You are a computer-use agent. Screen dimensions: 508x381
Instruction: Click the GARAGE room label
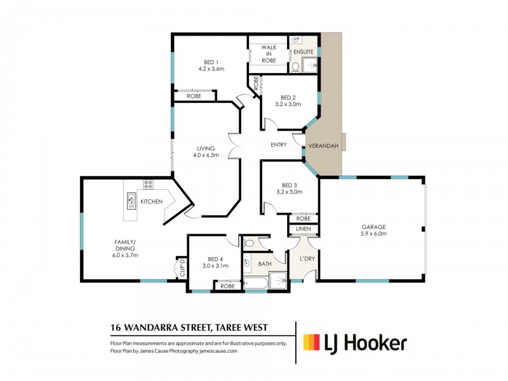point(373,227)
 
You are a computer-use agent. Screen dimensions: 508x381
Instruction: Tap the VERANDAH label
point(323,146)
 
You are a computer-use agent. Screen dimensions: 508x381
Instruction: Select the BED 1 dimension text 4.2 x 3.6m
point(211,69)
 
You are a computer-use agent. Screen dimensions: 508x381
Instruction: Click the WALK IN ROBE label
point(269,54)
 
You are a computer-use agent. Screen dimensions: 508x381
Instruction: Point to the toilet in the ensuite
point(295,67)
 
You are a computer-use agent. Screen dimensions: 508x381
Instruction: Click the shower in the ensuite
point(310,65)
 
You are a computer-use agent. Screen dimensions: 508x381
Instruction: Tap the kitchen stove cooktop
point(149,184)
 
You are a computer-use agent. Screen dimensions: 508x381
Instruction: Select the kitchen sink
point(131,201)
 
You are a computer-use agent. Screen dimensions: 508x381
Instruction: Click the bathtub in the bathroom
point(256,283)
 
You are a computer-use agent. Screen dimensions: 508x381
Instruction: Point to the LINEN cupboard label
point(304,229)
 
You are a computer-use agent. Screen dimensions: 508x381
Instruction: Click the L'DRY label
point(307,258)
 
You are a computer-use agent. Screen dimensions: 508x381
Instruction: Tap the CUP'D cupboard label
point(182,268)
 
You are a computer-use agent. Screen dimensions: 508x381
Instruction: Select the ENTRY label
point(279,145)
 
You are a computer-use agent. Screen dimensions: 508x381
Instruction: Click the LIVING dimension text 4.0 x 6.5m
point(206,155)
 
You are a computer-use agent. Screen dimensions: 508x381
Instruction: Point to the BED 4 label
point(215,259)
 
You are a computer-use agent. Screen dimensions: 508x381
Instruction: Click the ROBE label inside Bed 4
point(227,286)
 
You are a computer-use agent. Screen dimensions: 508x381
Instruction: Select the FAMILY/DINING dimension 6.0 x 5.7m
point(125,255)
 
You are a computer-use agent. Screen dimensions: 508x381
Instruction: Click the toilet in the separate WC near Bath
point(248,243)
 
